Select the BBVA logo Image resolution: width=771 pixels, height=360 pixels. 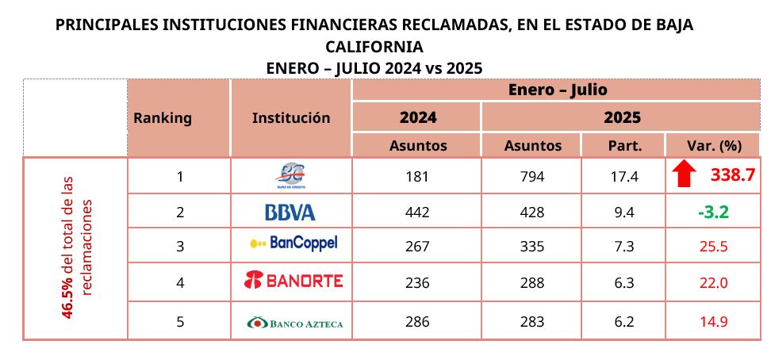(x=290, y=212)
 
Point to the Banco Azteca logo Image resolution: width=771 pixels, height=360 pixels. (x=294, y=323)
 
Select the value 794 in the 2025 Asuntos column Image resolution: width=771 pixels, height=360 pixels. (x=532, y=177)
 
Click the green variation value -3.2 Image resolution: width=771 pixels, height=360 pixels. (x=712, y=212)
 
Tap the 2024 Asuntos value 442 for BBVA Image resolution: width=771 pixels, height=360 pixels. (x=417, y=212)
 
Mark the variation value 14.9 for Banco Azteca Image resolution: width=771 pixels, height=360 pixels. (x=712, y=322)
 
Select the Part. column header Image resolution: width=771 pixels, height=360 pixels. (x=624, y=145)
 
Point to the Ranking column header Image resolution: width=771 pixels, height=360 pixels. (x=163, y=118)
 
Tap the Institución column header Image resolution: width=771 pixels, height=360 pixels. (x=291, y=118)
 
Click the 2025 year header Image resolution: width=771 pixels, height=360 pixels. (x=622, y=118)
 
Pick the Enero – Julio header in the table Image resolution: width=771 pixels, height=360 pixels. (x=558, y=90)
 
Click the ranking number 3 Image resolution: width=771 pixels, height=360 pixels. (x=180, y=246)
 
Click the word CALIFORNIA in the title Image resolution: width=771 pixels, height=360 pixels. (x=374, y=46)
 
